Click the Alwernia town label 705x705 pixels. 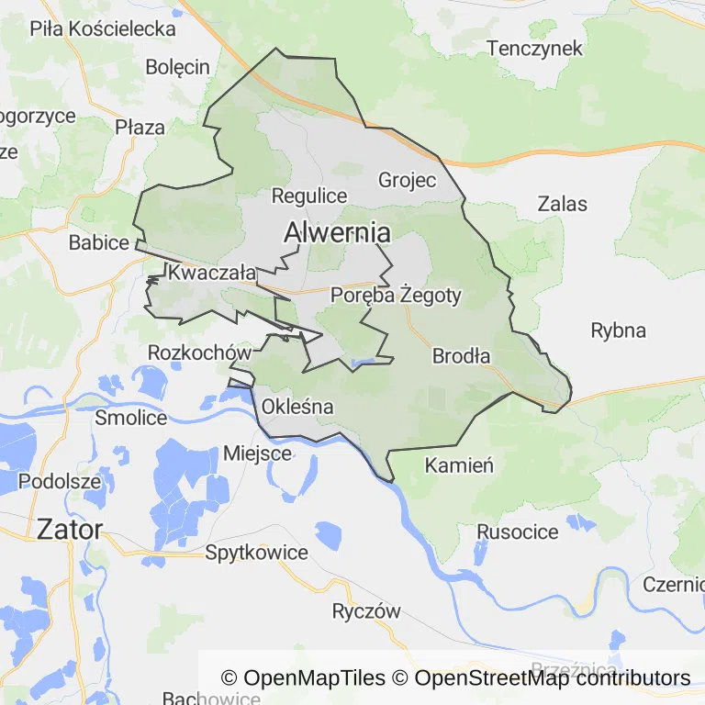click(x=337, y=233)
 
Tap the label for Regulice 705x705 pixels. click(x=309, y=196)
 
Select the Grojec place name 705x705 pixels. click(x=408, y=180)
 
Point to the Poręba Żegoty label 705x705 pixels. click(x=396, y=296)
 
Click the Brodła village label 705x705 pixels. click(x=461, y=356)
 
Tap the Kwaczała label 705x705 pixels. click(x=211, y=273)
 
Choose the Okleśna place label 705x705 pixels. click(x=297, y=406)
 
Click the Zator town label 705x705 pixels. click(x=69, y=529)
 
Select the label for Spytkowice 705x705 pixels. click(x=256, y=553)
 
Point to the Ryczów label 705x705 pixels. click(x=366, y=611)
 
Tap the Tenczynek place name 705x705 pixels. click(x=535, y=49)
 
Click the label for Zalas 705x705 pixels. click(x=563, y=204)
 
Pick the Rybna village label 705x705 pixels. click(x=618, y=330)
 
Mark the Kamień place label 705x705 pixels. click(x=459, y=465)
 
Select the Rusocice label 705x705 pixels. click(x=518, y=532)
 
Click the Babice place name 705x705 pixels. click(x=99, y=243)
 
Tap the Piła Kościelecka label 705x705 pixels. click(x=103, y=28)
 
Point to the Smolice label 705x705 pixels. click(x=131, y=418)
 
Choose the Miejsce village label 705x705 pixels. click(x=258, y=453)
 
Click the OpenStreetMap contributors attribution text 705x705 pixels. click(x=553, y=678)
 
